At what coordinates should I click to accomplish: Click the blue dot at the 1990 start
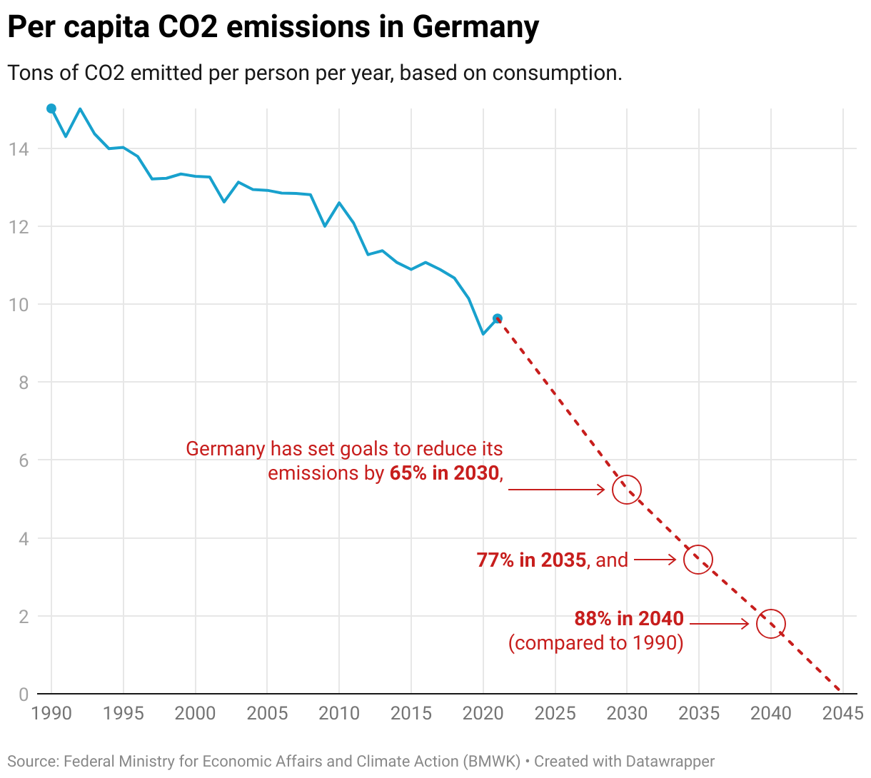coord(51,108)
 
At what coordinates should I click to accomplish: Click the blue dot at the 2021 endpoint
coord(498,318)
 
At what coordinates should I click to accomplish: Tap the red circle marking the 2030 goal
coord(627,490)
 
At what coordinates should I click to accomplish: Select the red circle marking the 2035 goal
coord(698,560)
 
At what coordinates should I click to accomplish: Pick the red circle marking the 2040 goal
coord(771,624)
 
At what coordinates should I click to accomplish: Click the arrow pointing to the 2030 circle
coord(557,490)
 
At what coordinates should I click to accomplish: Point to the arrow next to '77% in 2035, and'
coord(655,560)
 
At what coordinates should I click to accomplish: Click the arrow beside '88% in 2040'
coord(719,624)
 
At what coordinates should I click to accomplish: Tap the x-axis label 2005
coord(267,713)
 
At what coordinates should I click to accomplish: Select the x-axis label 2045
coord(842,713)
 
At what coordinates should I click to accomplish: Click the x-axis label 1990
coord(51,713)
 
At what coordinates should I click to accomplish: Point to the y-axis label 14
coord(19,149)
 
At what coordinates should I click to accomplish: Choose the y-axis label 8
coord(24,383)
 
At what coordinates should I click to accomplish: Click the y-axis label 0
coord(24,694)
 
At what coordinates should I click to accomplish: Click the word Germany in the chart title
coord(475,27)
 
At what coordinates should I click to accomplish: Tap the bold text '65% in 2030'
coord(444,473)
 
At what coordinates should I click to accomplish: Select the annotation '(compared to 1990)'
coord(596,643)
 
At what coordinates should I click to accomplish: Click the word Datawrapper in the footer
coord(670,762)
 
